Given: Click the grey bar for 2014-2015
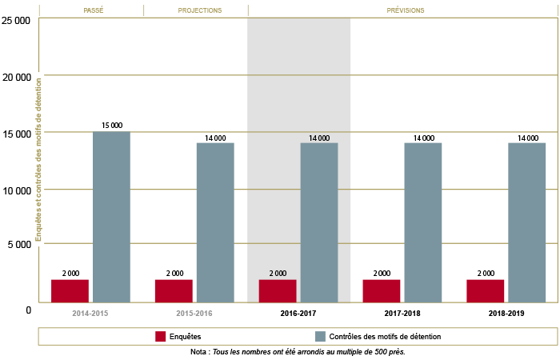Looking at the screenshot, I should click(x=111, y=217).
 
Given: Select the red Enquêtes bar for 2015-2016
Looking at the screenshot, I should click(x=174, y=291).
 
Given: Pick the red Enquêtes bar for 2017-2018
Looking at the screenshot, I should click(x=382, y=291).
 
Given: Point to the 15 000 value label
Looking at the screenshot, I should click(x=111, y=126).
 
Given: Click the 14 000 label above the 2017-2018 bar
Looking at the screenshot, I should click(x=422, y=138).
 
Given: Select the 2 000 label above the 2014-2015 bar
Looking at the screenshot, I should click(x=70, y=274).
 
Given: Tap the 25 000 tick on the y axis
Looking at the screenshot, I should click(x=17, y=21).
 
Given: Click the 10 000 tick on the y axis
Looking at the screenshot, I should click(x=17, y=191).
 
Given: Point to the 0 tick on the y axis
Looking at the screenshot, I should click(x=27, y=310).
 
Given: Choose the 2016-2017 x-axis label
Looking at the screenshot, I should click(x=298, y=314).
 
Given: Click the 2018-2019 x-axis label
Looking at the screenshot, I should click(x=506, y=314).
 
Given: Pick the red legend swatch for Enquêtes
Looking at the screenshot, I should click(x=160, y=337).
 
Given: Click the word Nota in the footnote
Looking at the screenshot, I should click(x=199, y=352).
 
